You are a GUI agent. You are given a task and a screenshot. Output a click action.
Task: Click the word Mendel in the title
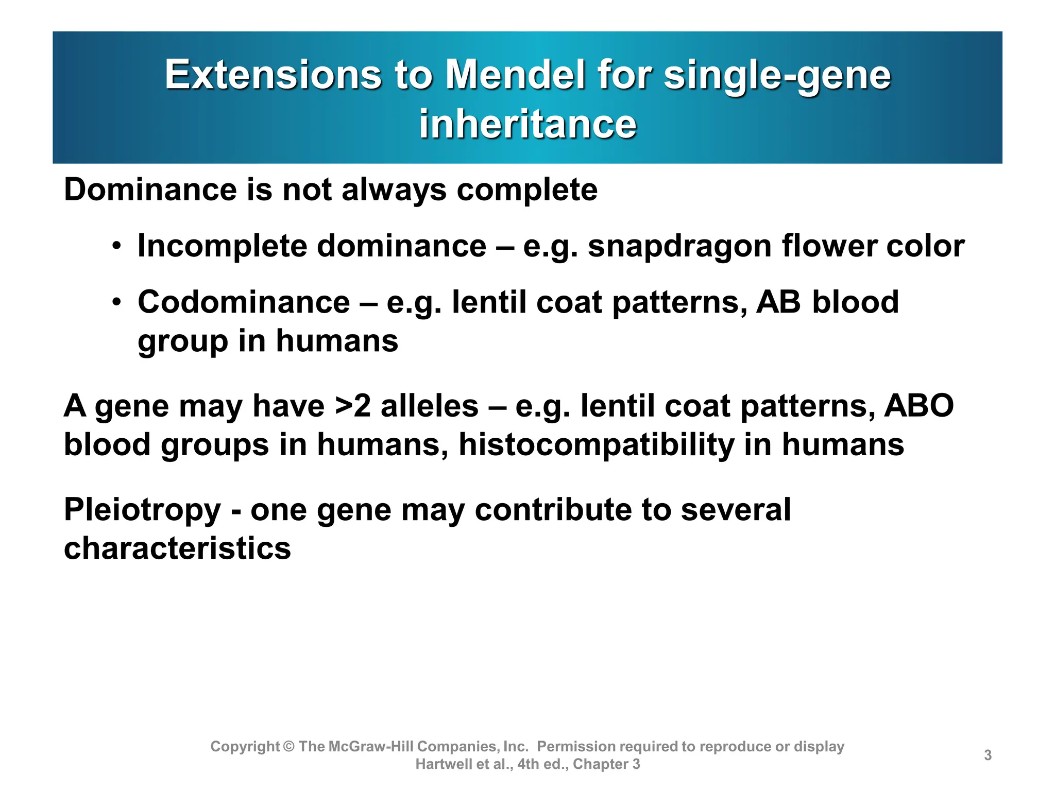point(515,75)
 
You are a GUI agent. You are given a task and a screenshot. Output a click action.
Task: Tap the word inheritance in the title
point(527,124)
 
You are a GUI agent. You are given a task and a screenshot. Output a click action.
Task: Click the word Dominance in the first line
point(149,190)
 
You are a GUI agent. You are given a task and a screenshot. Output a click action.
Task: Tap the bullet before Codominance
point(117,302)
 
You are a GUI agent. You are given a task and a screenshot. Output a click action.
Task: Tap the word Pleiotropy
point(142,510)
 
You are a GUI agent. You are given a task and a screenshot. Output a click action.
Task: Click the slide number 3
point(988,755)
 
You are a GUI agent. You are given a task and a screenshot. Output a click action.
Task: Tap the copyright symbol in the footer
point(288,746)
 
